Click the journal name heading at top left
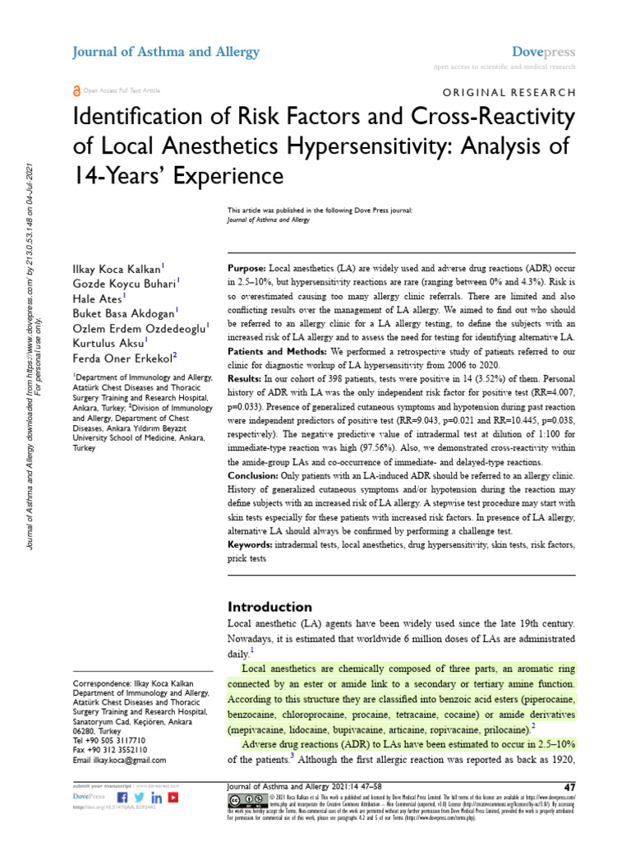(x=167, y=52)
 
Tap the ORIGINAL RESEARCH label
(x=510, y=93)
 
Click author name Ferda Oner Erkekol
(x=123, y=356)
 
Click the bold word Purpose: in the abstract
(x=246, y=270)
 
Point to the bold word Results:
(x=246, y=378)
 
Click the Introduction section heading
(x=269, y=607)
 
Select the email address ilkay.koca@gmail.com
(x=120, y=761)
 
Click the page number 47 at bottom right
(x=568, y=788)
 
